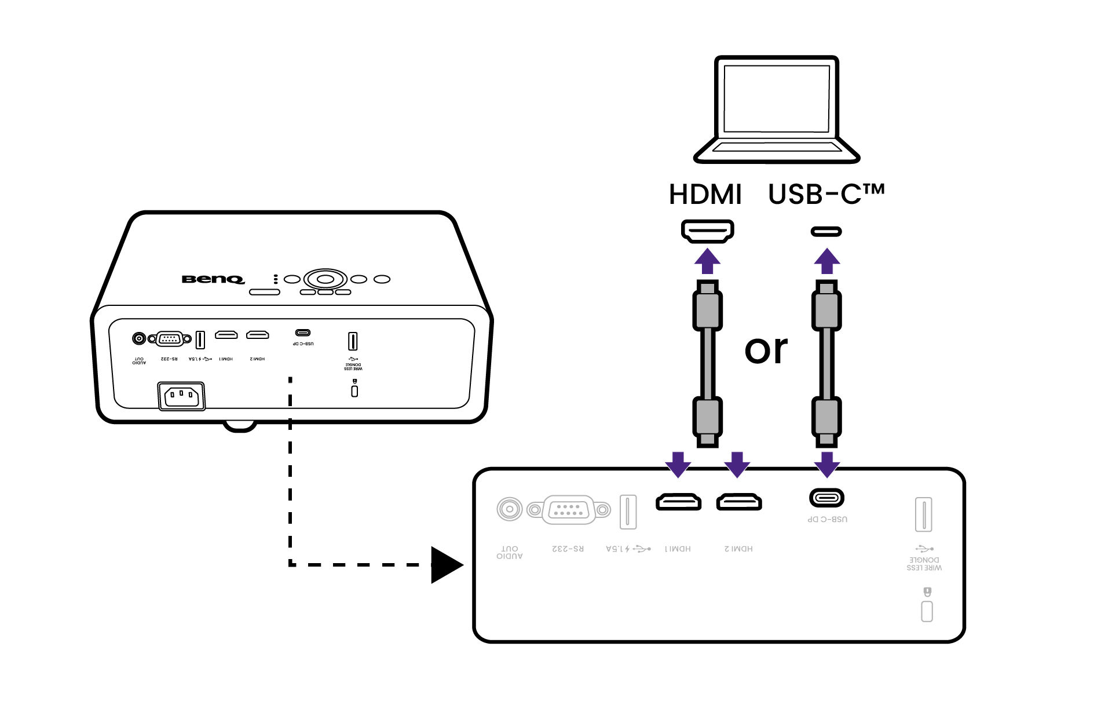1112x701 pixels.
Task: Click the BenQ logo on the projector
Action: coord(213,279)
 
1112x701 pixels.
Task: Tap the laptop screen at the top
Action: coord(776,98)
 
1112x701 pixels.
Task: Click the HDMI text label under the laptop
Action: coord(705,195)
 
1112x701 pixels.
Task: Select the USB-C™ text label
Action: coord(826,195)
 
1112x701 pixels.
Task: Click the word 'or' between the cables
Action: coord(766,350)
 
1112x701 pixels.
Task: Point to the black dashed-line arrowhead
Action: coord(446,565)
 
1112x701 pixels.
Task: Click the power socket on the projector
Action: coord(181,396)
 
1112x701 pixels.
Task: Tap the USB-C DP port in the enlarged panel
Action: coord(826,498)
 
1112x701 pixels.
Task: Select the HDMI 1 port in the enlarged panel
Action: coord(678,502)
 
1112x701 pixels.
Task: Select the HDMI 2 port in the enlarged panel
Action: coord(739,502)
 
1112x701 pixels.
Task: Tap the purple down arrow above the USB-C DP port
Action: coord(826,464)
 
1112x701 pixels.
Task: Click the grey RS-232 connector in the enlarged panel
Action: coord(569,510)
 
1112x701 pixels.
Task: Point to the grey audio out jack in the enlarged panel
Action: coord(510,510)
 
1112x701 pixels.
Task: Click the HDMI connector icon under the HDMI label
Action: coord(707,231)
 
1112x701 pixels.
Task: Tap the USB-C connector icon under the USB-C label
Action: coord(826,232)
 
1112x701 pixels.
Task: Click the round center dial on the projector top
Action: coord(325,279)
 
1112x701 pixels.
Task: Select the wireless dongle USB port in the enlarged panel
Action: coord(923,514)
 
